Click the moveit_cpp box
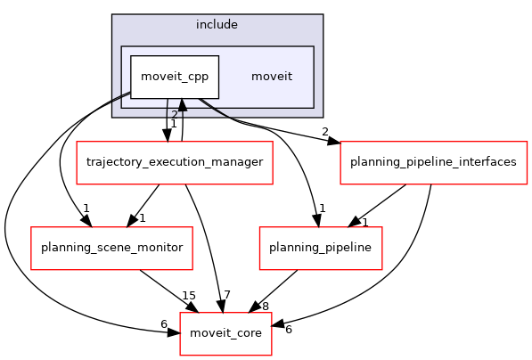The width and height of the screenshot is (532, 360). [175, 77]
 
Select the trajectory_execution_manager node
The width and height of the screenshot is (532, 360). [174, 162]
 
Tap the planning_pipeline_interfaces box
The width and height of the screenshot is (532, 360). [433, 162]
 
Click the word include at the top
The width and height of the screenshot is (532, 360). [217, 24]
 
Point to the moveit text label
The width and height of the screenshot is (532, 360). [271, 77]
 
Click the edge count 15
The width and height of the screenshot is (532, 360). [188, 296]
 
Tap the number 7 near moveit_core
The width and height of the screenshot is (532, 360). [227, 296]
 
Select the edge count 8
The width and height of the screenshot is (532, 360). [265, 307]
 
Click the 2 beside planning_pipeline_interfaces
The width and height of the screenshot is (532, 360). [325, 133]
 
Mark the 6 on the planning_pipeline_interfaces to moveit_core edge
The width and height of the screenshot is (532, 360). [288, 330]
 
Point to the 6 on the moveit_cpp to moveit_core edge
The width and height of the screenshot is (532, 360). [164, 324]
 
